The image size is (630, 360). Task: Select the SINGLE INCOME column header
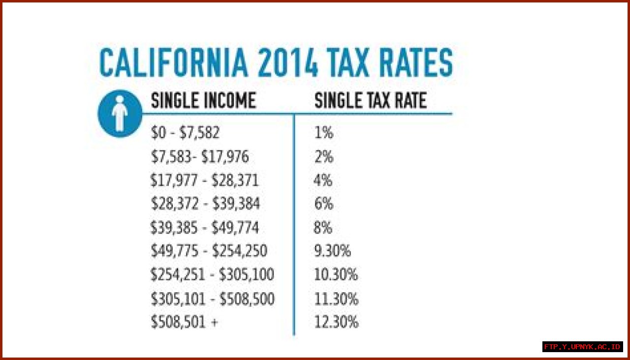click(203, 101)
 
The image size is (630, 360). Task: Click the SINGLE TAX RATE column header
click(370, 101)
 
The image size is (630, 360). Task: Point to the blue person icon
click(120, 114)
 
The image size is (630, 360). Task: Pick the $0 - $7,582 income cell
click(185, 133)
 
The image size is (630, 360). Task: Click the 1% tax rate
click(323, 133)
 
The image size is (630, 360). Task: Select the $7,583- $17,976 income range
click(200, 157)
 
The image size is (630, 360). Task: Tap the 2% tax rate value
click(323, 157)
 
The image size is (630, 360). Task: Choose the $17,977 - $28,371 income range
click(204, 180)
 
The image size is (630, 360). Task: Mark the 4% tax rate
click(323, 180)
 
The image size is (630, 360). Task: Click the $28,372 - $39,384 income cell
click(205, 204)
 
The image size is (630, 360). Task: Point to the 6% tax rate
click(323, 204)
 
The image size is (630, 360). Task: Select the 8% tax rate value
click(323, 228)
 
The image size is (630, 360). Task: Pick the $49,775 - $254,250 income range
click(209, 251)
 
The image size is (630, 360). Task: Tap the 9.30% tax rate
click(332, 251)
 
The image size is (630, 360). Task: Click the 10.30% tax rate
click(336, 275)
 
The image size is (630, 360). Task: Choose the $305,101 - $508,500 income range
click(213, 299)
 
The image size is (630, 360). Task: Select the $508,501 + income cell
click(184, 322)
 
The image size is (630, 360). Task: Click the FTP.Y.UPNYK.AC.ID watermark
click(583, 347)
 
